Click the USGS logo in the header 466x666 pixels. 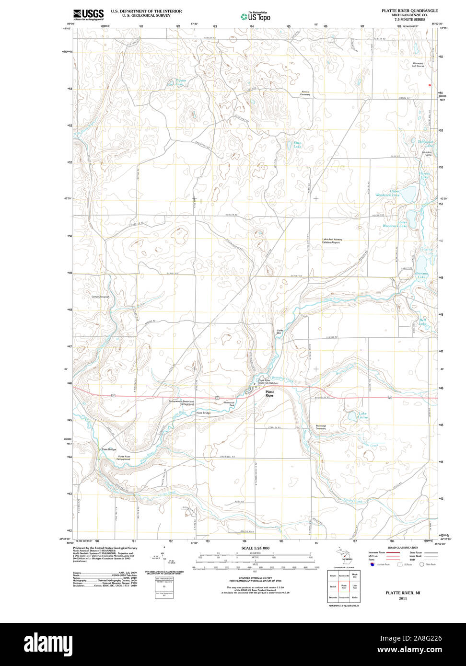pyautogui.click(x=88, y=14)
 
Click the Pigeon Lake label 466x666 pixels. pyautogui.click(x=180, y=82)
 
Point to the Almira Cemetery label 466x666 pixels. pyautogui.click(x=305, y=93)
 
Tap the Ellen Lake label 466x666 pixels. pyautogui.click(x=297, y=144)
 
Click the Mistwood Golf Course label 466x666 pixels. pyautogui.click(x=418, y=65)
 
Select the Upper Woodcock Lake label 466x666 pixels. pyautogui.click(x=387, y=193)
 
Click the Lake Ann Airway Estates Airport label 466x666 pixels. pyautogui.click(x=332, y=241)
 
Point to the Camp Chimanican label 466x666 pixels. pyautogui.click(x=100, y=297)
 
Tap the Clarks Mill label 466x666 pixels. pyautogui.click(x=281, y=332)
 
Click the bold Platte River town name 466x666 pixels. pyautogui.click(x=269, y=394)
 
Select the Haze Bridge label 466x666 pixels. pyautogui.click(x=203, y=413)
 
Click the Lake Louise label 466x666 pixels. pyautogui.click(x=363, y=415)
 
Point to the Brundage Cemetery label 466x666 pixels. pyautogui.click(x=321, y=427)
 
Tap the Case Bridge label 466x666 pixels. pyautogui.click(x=108, y=449)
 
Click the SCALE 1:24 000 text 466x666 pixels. pyautogui.click(x=255, y=548)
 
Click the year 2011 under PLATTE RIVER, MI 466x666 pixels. pyautogui.click(x=402, y=598)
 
